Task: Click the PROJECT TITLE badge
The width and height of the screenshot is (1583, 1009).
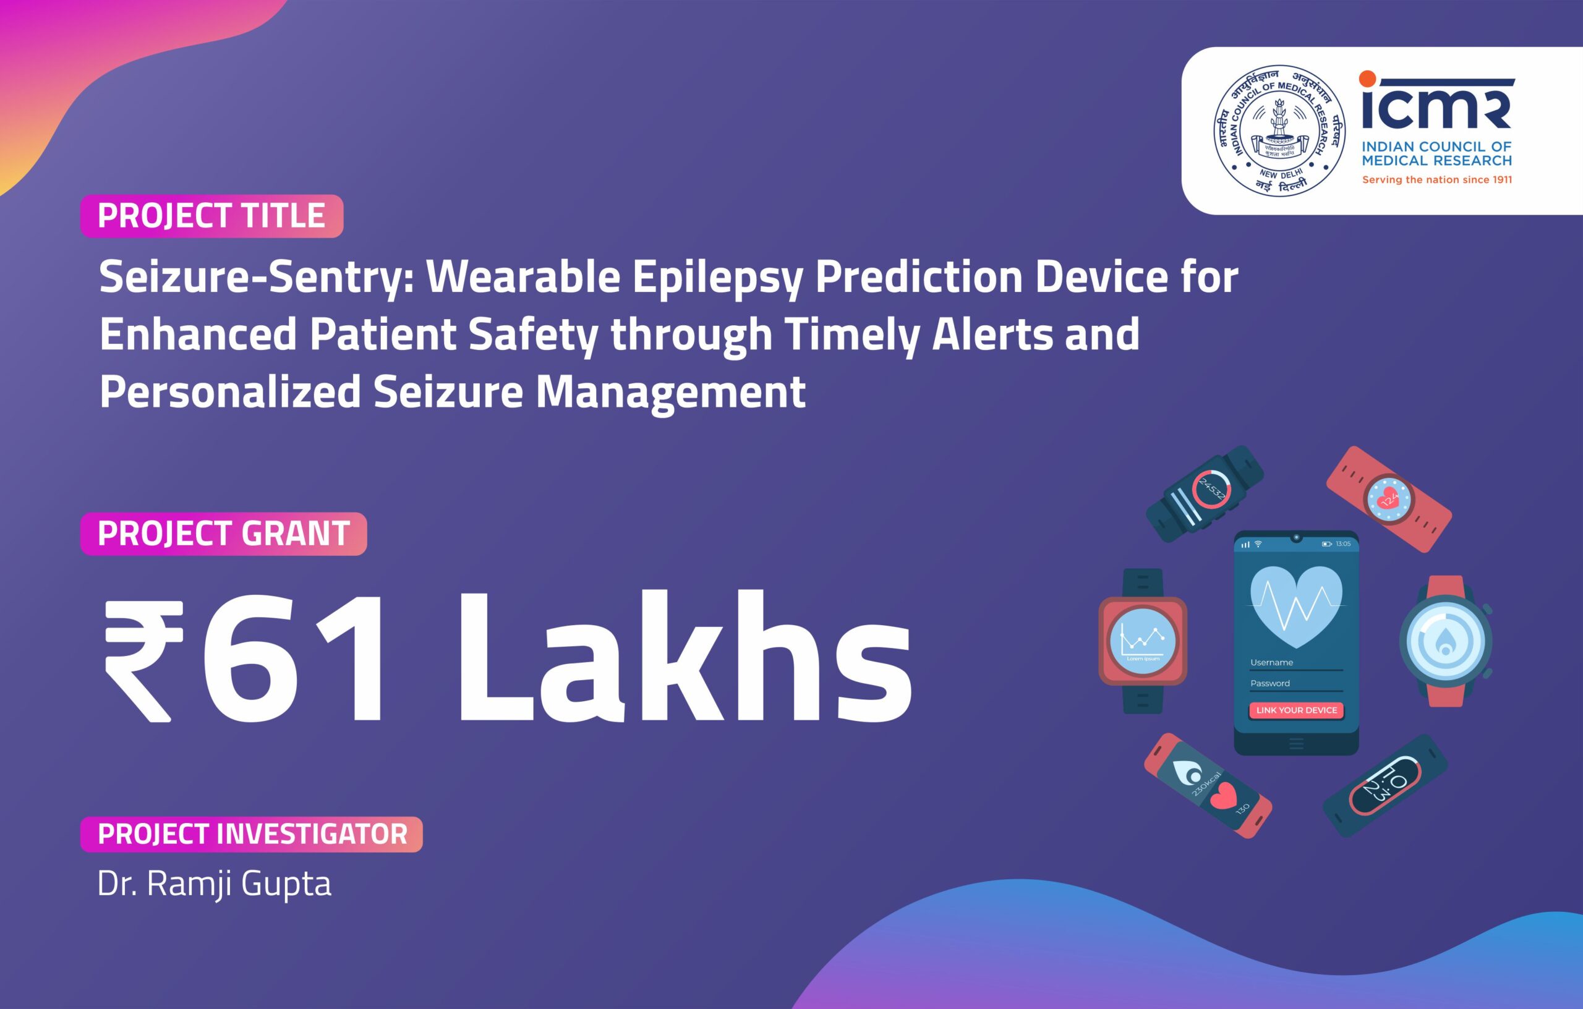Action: tap(211, 216)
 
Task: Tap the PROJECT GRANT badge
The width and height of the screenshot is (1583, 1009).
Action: tap(223, 533)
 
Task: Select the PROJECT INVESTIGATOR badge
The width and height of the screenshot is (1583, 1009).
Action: tap(251, 833)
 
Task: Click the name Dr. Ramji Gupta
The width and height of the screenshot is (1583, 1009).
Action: tap(215, 883)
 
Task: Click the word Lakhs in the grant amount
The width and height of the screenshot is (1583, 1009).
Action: tap(684, 657)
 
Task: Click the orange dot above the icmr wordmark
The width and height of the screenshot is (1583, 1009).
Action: tap(1367, 79)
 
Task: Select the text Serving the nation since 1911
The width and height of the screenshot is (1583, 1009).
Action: tap(1436, 179)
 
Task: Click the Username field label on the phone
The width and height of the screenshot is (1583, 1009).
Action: tap(1271, 663)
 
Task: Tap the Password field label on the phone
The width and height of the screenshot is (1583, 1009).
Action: tap(1269, 684)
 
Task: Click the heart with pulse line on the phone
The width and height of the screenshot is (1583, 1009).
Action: tap(1295, 605)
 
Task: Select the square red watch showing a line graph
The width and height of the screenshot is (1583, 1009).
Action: tap(1143, 641)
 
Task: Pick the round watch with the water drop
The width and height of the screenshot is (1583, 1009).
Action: tap(1445, 642)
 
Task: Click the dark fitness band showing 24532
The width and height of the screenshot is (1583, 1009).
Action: tap(1205, 495)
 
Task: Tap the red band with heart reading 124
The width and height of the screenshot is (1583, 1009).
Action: tap(1388, 499)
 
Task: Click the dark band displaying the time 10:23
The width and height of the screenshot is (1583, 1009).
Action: tap(1385, 786)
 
